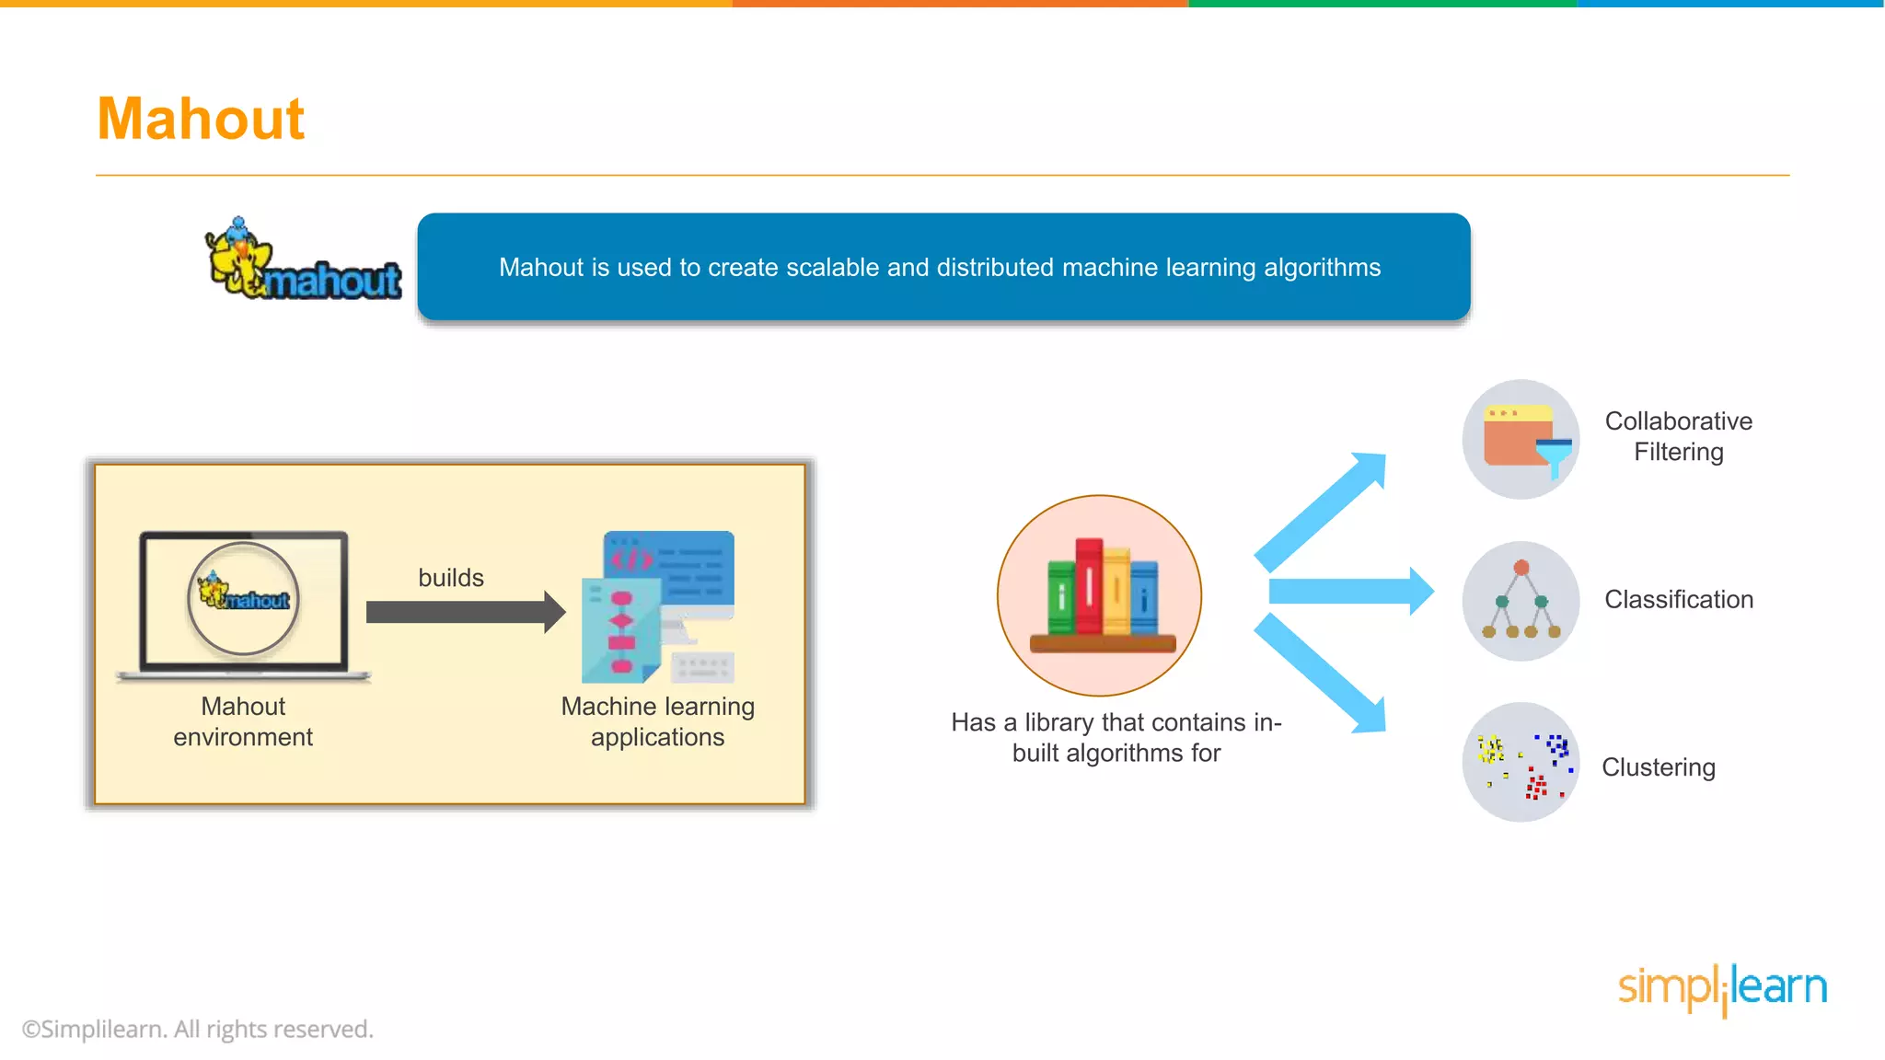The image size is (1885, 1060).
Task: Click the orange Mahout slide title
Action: [201, 119]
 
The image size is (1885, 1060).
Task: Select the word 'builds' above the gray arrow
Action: [451, 578]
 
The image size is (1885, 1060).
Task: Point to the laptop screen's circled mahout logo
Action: [244, 598]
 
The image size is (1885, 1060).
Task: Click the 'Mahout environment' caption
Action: [243, 721]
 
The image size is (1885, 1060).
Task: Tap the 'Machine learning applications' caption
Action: [657, 721]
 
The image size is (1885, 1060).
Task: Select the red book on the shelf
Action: [1089, 586]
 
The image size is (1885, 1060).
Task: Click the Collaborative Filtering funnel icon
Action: [1521, 440]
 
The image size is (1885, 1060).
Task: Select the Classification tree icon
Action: [1521, 601]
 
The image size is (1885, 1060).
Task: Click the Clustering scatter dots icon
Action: [1521, 762]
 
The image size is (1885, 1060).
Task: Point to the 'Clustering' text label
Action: [1659, 767]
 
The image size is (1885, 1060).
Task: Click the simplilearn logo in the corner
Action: [1722, 988]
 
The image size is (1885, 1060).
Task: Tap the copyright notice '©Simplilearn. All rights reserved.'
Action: [198, 1029]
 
